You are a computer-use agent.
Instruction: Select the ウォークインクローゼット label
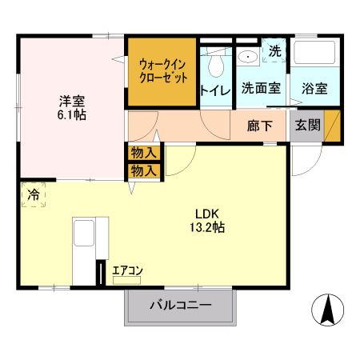[x=162, y=71]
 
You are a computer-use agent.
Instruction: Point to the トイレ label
[x=214, y=90]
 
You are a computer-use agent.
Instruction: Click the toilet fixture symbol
[x=214, y=62]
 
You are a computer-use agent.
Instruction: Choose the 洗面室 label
[x=260, y=88]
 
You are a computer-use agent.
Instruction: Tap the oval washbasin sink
[x=247, y=56]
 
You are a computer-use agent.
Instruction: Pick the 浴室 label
[x=314, y=88]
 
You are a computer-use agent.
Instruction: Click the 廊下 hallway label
[x=260, y=126]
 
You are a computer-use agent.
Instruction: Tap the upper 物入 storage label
[x=144, y=152]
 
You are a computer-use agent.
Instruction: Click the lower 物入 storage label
[x=144, y=170]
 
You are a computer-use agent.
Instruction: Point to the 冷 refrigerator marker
[x=34, y=194]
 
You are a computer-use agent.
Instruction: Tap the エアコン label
[x=127, y=271]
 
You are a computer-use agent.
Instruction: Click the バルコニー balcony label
[x=180, y=306]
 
